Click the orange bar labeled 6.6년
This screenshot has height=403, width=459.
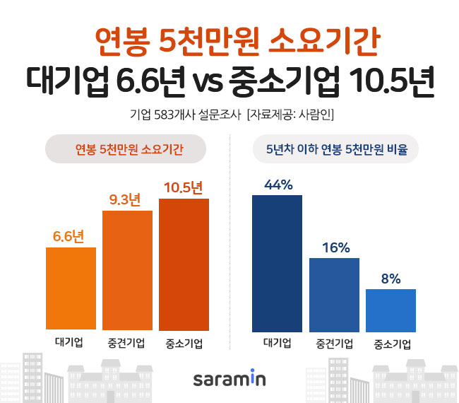(71, 288)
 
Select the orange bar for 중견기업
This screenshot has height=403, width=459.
(127, 270)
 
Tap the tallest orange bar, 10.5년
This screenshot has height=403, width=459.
(184, 264)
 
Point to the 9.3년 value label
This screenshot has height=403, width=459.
(127, 200)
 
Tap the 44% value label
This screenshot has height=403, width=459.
(277, 185)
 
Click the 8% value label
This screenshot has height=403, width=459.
(391, 279)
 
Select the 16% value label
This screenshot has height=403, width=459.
(334, 247)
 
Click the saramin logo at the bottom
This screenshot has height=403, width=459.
(229, 379)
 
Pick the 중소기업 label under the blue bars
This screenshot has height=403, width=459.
(391, 344)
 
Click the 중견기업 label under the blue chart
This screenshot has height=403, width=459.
(334, 344)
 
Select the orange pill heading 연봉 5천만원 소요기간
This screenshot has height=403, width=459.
(125, 149)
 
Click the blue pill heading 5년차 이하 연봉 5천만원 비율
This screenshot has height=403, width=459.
(335, 149)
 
